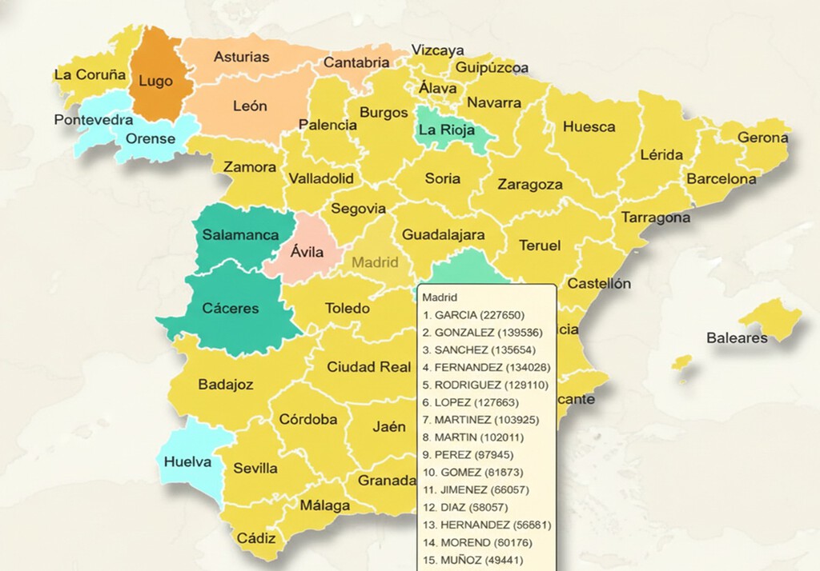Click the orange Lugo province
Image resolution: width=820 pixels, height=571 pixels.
[155, 80]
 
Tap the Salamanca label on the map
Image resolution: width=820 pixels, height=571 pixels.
[240, 235]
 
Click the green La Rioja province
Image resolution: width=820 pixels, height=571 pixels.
[446, 130]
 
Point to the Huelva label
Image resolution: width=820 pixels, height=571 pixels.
[187, 462]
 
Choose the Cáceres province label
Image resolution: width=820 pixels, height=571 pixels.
[231, 309]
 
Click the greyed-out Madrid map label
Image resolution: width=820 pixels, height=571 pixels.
[376, 262]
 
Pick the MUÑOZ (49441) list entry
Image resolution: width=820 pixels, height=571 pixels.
[473, 560]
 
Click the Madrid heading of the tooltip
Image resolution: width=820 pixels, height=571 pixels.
[440, 297]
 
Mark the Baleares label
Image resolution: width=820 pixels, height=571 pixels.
[737, 338]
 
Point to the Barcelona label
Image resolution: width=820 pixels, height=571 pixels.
[721, 179]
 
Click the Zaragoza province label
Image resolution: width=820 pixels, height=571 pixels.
[530, 185]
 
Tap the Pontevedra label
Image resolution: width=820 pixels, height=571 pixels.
[93, 120]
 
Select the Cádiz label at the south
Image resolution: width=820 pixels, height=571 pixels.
[256, 538]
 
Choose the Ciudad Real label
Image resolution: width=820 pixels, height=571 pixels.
[368, 367]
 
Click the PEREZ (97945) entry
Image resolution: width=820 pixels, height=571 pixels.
[470, 454]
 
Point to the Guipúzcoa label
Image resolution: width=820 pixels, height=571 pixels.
[492, 68]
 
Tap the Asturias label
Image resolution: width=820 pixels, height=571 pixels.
[242, 58]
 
